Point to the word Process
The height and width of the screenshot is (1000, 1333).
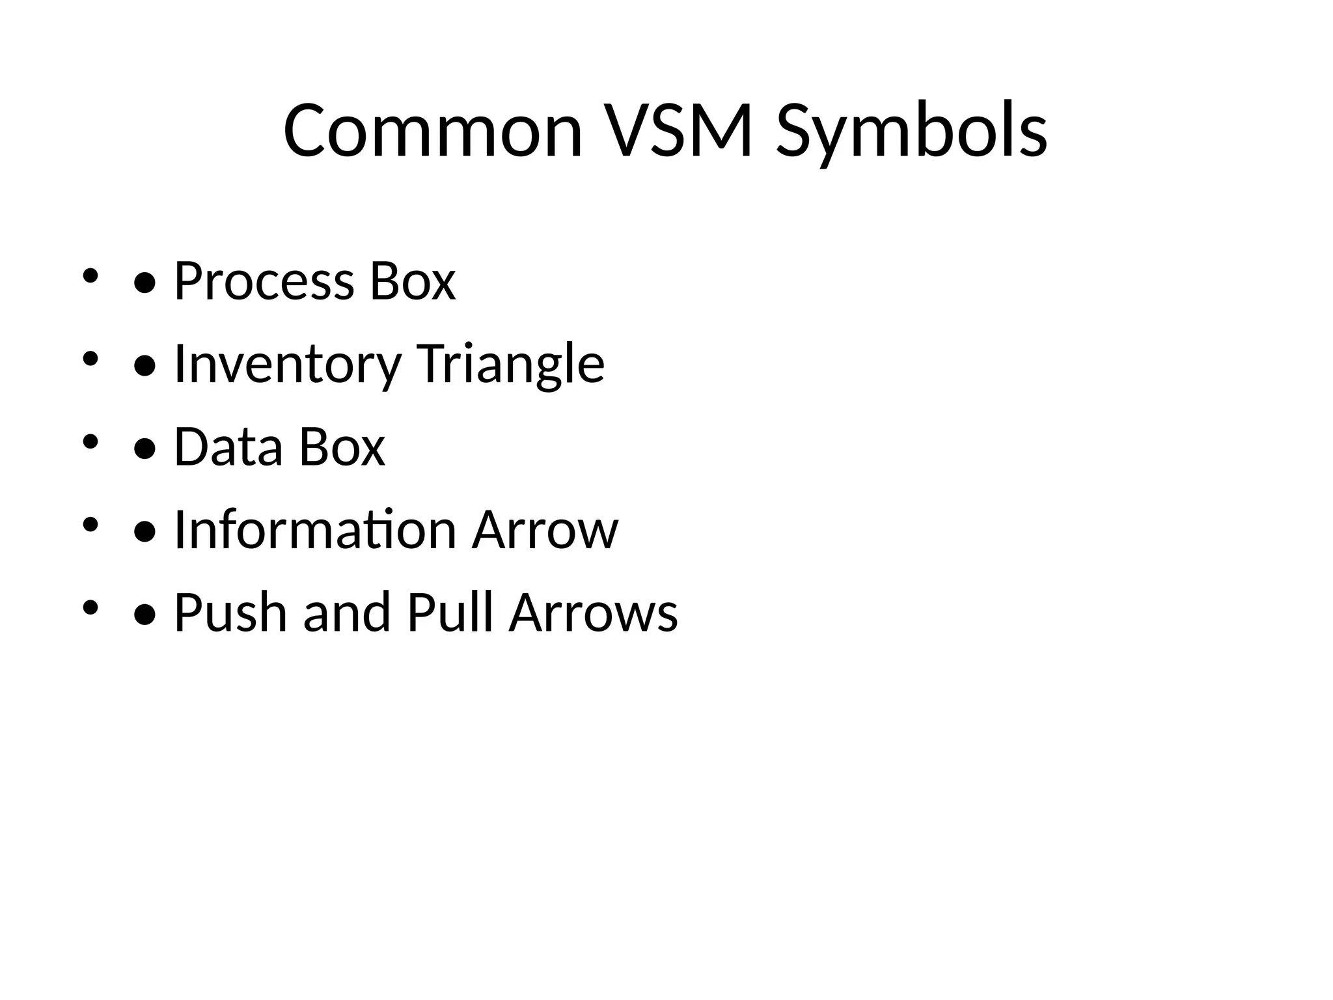264,281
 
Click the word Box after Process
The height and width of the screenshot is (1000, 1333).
413,281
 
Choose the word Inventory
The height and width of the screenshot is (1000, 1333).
287,364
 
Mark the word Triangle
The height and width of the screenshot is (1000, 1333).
510,364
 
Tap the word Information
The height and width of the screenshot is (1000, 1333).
315,529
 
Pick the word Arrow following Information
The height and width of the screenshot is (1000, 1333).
545,529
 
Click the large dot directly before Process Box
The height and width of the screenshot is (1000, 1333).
144,283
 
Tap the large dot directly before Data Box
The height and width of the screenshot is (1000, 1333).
144,449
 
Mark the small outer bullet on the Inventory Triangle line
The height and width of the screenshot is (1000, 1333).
90,358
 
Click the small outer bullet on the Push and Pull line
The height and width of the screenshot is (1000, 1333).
90,607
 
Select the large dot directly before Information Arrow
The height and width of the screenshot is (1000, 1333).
144,532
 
